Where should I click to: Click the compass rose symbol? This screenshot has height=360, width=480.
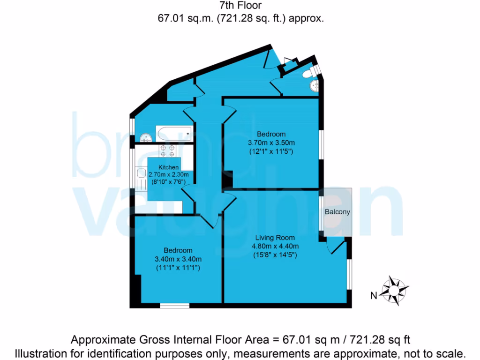pyautogui.click(x=395, y=289)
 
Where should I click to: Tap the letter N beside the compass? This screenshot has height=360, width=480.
pyautogui.click(x=374, y=295)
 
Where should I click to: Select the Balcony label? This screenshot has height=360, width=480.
pyautogui.click(x=337, y=212)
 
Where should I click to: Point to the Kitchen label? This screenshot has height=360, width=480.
pyautogui.click(x=168, y=167)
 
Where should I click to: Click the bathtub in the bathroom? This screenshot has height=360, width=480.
pyautogui.click(x=173, y=134)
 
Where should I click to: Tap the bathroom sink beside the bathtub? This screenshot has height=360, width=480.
pyautogui.click(x=146, y=137)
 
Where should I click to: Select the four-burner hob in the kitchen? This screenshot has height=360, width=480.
pyautogui.click(x=168, y=150)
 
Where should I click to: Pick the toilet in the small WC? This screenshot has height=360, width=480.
pyautogui.click(x=307, y=74)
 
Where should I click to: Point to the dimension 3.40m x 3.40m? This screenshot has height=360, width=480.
pyautogui.click(x=178, y=259)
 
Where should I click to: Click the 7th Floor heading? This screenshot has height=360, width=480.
pyautogui.click(x=240, y=6)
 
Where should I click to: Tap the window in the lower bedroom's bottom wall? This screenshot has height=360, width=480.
pyautogui.click(x=174, y=306)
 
